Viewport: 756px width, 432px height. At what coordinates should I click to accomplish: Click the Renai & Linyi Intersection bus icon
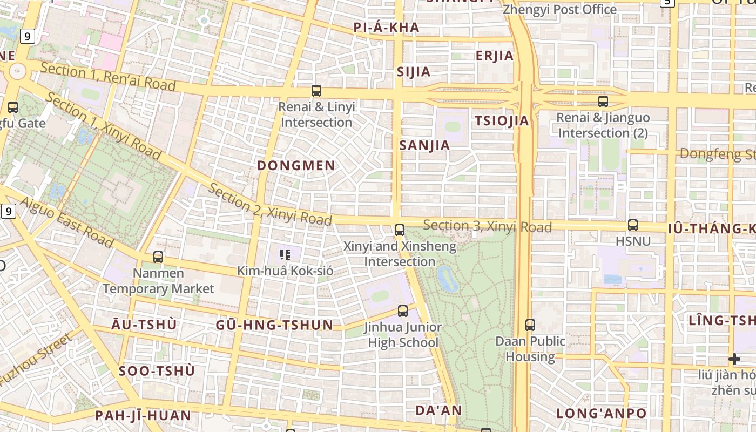[316, 91]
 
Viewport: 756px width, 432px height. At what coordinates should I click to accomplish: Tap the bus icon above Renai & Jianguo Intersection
[603, 101]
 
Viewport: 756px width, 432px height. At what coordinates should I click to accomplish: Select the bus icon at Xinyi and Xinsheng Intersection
[400, 230]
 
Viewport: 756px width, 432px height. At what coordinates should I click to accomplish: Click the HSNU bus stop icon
[633, 225]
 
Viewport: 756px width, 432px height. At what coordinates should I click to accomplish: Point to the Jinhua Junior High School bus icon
[403, 310]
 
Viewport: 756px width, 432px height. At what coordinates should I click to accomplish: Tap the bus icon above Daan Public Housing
[530, 325]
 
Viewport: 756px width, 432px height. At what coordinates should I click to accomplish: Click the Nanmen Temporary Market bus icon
[158, 257]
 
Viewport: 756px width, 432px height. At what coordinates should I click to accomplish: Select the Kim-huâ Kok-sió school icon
[285, 254]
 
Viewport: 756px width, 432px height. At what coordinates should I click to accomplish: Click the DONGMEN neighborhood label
[296, 166]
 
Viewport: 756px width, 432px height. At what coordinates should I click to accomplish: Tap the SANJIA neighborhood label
[424, 145]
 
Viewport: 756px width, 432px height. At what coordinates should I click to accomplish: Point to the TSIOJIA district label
[502, 121]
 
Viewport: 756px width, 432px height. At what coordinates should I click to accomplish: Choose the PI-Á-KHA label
[386, 28]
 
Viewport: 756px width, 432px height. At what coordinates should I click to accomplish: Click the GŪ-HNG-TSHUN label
[274, 325]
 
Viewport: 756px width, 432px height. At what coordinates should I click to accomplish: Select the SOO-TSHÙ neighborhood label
[157, 371]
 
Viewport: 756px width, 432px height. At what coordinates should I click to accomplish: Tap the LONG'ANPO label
[601, 414]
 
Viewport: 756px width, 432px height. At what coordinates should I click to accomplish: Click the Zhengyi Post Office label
[559, 10]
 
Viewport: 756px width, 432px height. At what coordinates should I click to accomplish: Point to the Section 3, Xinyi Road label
[487, 226]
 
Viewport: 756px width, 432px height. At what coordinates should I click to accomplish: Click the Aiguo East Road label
[67, 222]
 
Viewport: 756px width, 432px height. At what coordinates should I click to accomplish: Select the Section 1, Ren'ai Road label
[108, 76]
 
